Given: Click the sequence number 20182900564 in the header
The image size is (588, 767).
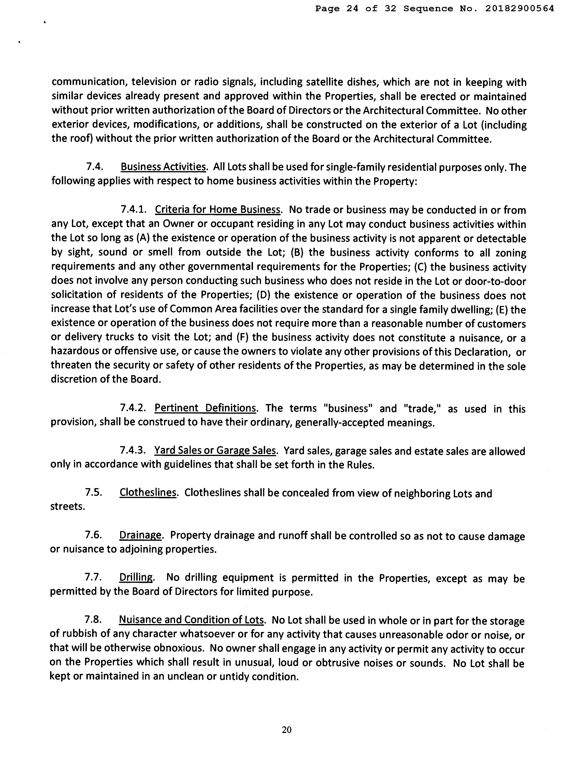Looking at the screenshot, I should (519, 9).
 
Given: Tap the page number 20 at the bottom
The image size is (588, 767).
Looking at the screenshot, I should (286, 730).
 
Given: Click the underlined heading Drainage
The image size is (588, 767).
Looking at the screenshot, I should (140, 535).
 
